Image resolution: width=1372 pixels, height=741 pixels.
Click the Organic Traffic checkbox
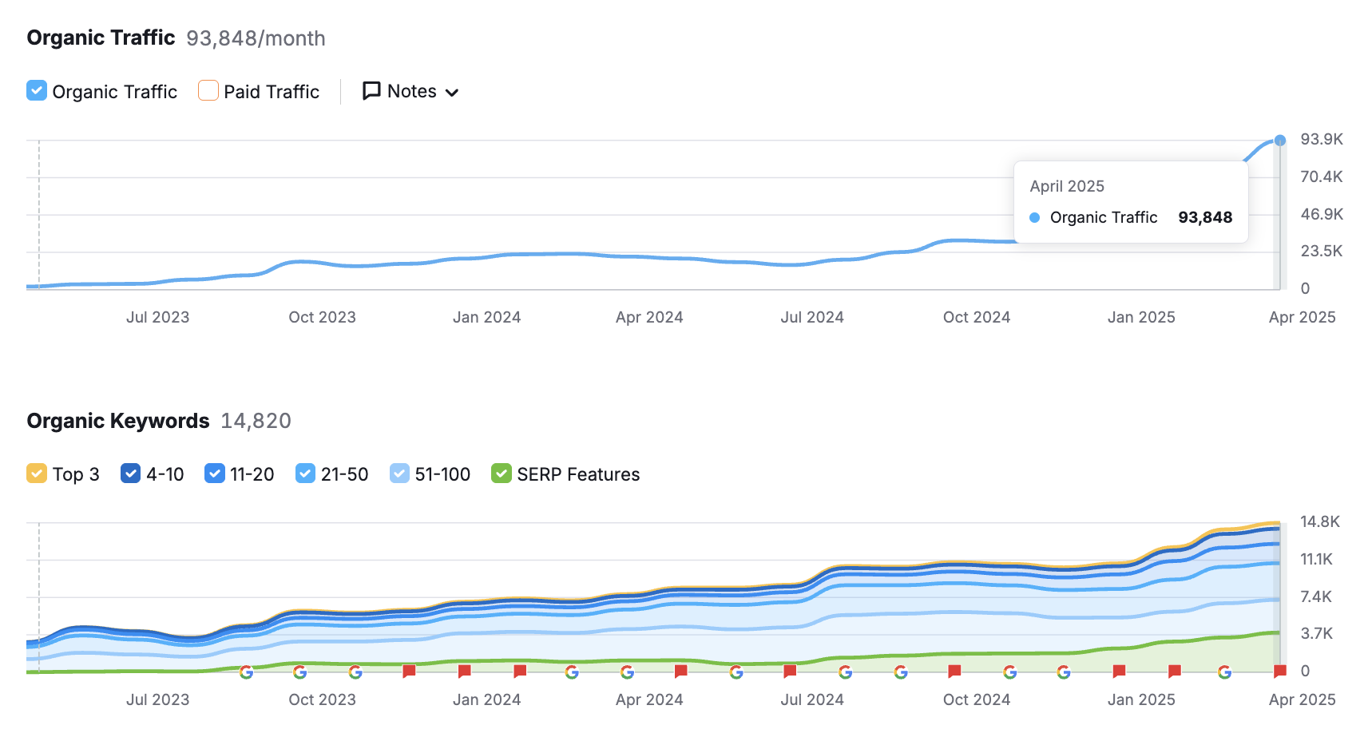(37, 91)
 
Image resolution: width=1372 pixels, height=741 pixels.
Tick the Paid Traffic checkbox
(208, 91)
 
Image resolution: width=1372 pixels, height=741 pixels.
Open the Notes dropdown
(410, 92)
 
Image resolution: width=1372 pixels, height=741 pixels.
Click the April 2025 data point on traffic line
(1279, 141)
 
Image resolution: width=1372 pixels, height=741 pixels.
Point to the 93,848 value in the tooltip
(1204, 217)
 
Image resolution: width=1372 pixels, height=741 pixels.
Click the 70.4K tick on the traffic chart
(1321, 176)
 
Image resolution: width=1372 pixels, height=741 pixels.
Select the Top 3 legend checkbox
(37, 474)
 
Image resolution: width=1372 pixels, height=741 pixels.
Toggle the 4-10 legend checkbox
(130, 474)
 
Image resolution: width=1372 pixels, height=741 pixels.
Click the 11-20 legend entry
(240, 474)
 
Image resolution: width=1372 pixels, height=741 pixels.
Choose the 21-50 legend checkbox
(305, 474)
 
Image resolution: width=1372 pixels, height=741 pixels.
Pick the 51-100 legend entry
(430, 474)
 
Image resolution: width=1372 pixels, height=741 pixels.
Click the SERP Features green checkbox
(501, 474)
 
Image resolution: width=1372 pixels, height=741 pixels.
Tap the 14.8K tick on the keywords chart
(1319, 521)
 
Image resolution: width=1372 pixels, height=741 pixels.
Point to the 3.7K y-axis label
(1316, 633)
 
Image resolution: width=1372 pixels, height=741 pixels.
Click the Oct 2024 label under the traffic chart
(976, 317)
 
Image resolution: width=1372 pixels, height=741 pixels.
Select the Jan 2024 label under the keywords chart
(486, 699)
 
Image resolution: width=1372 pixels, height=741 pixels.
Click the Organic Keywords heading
(118, 421)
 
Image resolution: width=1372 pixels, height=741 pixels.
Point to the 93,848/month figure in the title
(256, 38)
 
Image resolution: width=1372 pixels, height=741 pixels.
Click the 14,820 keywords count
(256, 421)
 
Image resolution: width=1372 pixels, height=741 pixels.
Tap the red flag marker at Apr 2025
(1279, 670)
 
